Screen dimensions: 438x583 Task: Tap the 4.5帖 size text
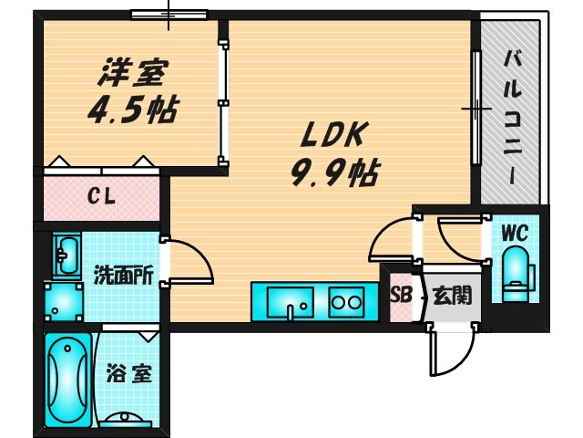click(x=129, y=109)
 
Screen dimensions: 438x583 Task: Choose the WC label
click(x=515, y=233)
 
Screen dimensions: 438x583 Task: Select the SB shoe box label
click(x=400, y=295)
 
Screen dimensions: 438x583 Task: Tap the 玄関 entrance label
click(x=452, y=295)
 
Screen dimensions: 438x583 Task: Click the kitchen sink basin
click(x=290, y=300)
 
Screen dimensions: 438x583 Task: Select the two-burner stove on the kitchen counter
click(x=346, y=299)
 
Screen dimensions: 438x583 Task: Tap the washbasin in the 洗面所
click(x=66, y=255)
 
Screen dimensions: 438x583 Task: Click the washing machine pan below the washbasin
click(x=63, y=300)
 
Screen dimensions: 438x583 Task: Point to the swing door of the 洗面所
click(x=188, y=260)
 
